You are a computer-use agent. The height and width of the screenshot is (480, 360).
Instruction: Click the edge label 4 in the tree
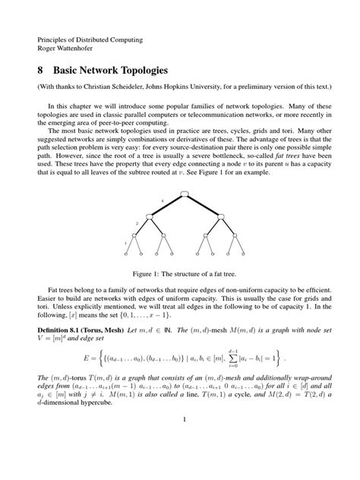(x=162, y=201)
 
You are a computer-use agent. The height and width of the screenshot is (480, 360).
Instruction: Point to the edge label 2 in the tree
(x=137, y=223)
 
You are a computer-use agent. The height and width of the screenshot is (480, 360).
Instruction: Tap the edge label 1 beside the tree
(x=125, y=243)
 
